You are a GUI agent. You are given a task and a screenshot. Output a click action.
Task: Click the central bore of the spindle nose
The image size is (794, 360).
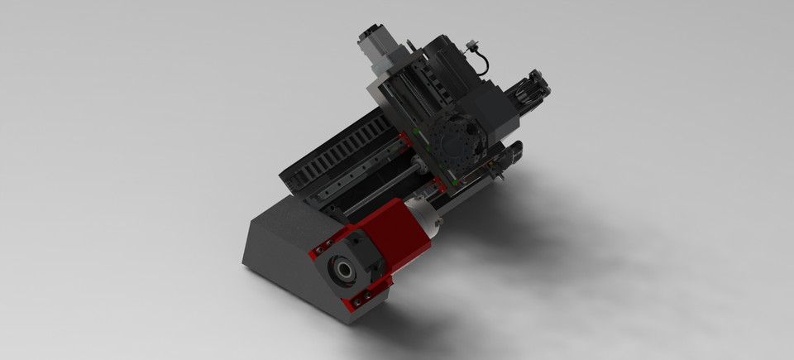pos(341,268)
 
